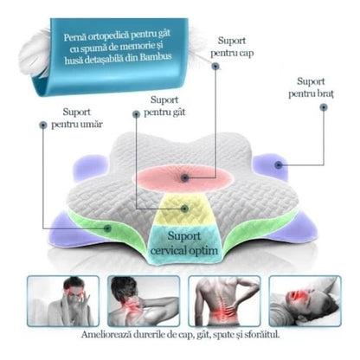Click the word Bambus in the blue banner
[156, 56]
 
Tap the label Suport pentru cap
[232, 47]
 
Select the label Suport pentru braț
[311, 87]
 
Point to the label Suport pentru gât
[164, 106]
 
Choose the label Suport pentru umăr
[77, 119]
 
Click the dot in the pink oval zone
[185, 177]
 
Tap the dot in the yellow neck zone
[185, 209]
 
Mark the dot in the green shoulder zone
[108, 228]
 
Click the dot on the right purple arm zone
[278, 165]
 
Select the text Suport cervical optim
[184, 243]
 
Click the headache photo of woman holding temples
[63, 301]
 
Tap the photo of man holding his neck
[144, 301]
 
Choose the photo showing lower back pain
[224, 301]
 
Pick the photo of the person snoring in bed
[305, 301]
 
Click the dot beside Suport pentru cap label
[215, 67]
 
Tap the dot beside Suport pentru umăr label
[43, 125]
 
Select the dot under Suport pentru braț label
[324, 107]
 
